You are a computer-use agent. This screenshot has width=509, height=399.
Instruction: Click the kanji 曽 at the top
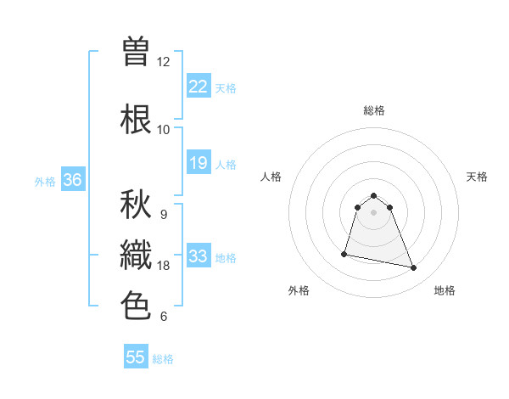click(137, 52)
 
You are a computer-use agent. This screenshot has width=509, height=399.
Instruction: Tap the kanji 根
click(137, 120)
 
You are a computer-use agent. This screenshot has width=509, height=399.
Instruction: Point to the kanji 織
click(137, 256)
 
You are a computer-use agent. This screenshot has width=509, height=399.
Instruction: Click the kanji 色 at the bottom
click(137, 306)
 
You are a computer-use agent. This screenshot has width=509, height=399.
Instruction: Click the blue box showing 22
click(199, 86)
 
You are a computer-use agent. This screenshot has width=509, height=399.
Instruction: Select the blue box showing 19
click(199, 162)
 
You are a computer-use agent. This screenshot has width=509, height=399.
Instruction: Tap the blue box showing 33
click(199, 256)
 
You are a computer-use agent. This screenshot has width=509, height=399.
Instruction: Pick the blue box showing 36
click(72, 179)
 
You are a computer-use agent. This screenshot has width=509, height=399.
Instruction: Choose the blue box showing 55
click(136, 357)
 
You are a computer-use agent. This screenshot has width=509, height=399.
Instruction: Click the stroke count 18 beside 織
click(164, 266)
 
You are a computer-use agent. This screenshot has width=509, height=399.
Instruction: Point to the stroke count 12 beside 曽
click(164, 62)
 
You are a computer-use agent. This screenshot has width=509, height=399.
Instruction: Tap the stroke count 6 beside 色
click(164, 317)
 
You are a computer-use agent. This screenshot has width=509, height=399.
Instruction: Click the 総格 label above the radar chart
click(374, 110)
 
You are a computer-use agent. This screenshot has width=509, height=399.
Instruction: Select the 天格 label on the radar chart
click(477, 177)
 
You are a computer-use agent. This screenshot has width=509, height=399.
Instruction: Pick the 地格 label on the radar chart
click(445, 290)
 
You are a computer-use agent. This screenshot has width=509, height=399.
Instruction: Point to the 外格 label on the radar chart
click(299, 290)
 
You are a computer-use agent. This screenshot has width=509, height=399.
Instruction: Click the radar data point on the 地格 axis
click(414, 268)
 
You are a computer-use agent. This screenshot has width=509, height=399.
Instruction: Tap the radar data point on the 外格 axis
click(344, 253)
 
